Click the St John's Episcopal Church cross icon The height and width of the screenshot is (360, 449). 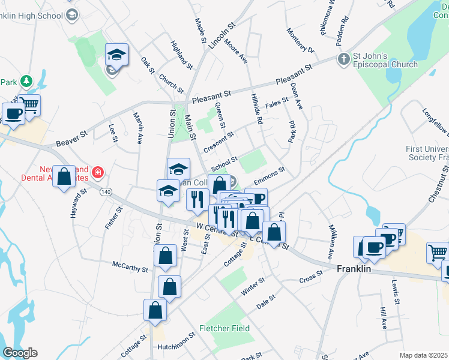point(343,59)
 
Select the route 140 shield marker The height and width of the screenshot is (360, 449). point(106,191)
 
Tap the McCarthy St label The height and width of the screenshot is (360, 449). point(130,266)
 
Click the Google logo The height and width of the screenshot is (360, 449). point(19,353)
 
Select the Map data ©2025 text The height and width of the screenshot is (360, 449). point(423,355)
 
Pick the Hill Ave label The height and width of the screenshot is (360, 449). point(383,319)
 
